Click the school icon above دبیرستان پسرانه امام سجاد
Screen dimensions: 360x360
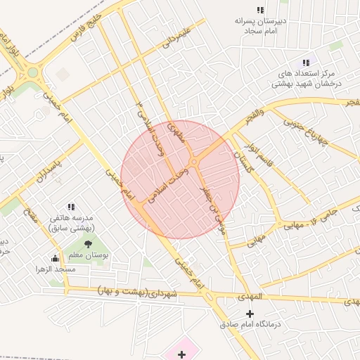(x=260, y=11)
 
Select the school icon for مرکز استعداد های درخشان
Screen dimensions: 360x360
(x=305, y=63)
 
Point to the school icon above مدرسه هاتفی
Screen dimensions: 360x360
(x=71, y=207)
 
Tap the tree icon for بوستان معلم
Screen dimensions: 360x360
(x=88, y=244)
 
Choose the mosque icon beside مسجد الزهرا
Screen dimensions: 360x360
(x=55, y=258)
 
